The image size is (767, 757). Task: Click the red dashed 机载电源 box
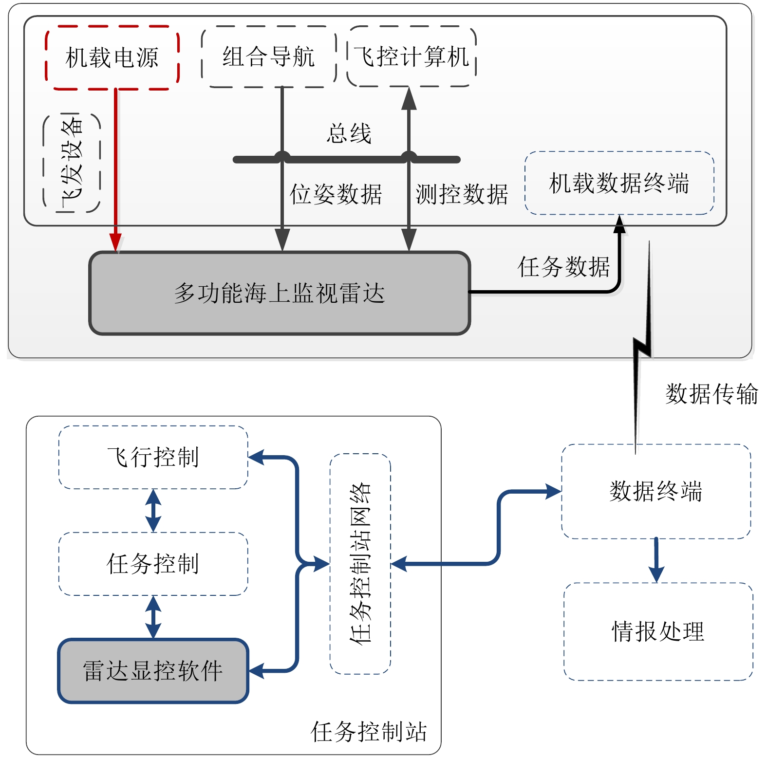[x=112, y=57]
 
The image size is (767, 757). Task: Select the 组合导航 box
[x=269, y=56]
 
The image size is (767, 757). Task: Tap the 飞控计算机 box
[x=412, y=56]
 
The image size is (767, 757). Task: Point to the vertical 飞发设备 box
[x=72, y=164]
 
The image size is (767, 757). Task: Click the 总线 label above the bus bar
[x=349, y=133]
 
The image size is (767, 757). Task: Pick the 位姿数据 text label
[x=336, y=194]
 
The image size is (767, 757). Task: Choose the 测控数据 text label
[x=462, y=194]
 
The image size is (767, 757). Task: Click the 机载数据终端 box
[x=619, y=183]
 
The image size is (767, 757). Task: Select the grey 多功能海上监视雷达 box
[x=280, y=293]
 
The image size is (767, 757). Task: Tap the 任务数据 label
[x=563, y=267]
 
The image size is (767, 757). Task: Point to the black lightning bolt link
[x=643, y=341]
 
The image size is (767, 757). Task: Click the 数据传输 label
[x=711, y=393]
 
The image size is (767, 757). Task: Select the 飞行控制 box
[x=153, y=457]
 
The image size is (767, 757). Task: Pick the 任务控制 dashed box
[x=153, y=564]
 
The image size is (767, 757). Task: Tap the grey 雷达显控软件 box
[x=153, y=671]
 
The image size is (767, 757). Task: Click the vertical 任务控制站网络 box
[x=360, y=564]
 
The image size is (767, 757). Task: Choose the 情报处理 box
[x=658, y=631]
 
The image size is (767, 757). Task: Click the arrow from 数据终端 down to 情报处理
[x=656, y=560]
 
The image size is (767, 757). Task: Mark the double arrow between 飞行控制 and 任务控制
[x=153, y=510]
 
